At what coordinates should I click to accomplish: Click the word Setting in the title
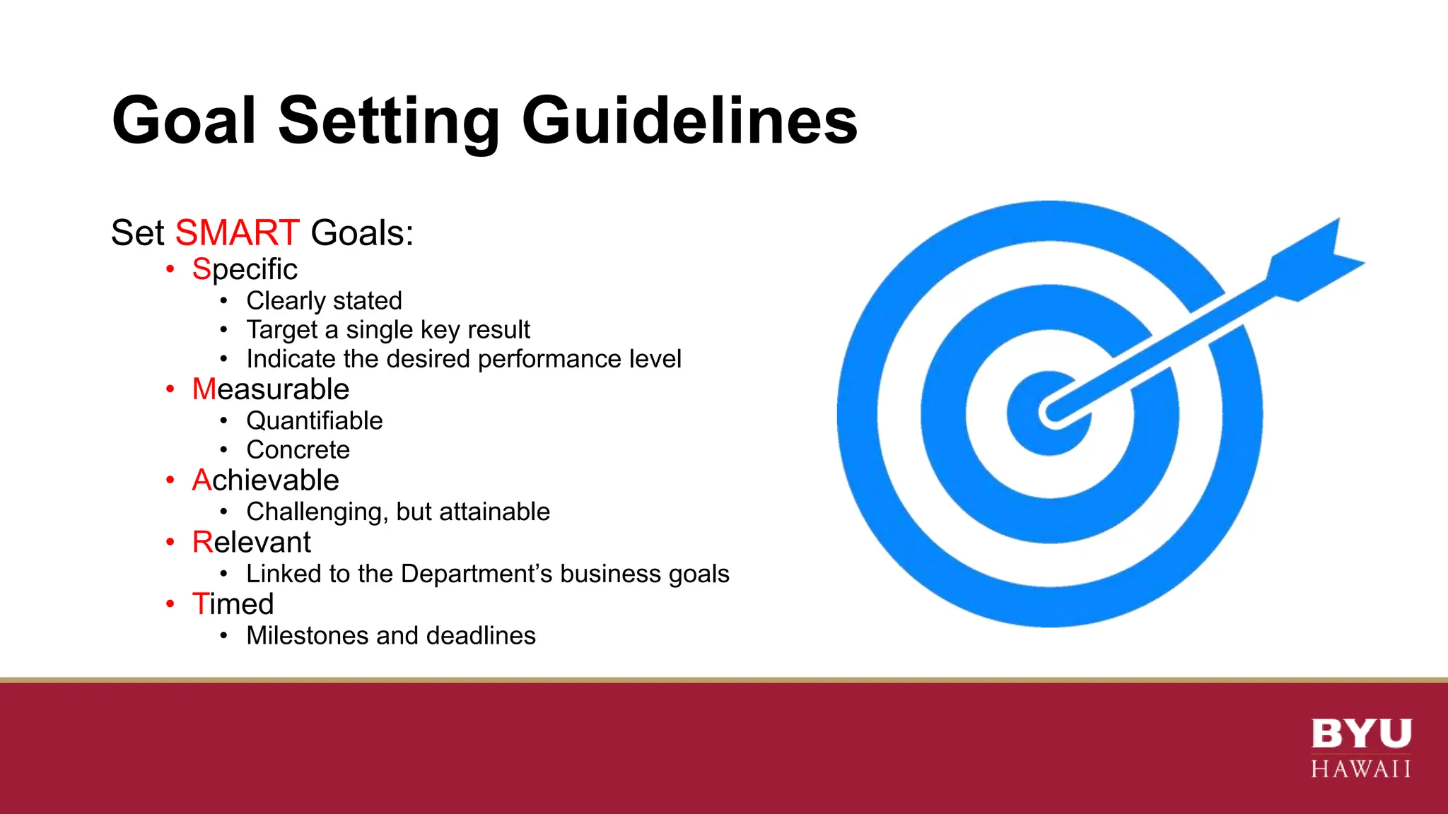(389, 122)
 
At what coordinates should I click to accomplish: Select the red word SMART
(238, 232)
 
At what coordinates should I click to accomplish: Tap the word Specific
(245, 269)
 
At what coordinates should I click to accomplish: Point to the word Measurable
(271, 389)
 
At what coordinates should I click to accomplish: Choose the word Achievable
(266, 480)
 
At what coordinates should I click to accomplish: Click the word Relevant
(252, 542)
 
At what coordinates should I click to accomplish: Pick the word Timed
(233, 604)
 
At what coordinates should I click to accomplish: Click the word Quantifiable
(315, 421)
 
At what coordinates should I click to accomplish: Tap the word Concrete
(298, 450)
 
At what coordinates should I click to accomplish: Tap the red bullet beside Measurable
(170, 389)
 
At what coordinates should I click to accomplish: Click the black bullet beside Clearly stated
(223, 301)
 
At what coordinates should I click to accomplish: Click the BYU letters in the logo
(1361, 733)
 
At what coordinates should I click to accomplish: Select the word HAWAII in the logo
(1361, 769)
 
